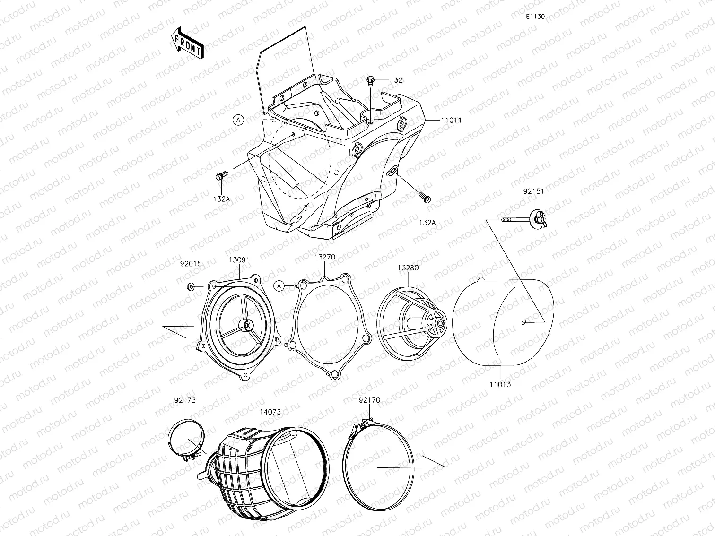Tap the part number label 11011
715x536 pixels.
point(451,121)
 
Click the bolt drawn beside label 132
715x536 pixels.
point(371,80)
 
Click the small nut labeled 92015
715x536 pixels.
point(190,286)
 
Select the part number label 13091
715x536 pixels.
point(239,260)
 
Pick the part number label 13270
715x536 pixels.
point(325,257)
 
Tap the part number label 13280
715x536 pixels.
point(407,268)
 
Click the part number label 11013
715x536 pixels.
point(500,384)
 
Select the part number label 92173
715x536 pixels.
point(185,400)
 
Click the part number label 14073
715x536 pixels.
point(270,412)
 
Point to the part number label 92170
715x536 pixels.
point(369,400)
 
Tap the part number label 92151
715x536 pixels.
point(533,192)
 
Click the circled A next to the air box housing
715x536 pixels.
point(238,121)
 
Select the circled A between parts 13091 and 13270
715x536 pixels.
point(279,286)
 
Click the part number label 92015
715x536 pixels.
point(190,264)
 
